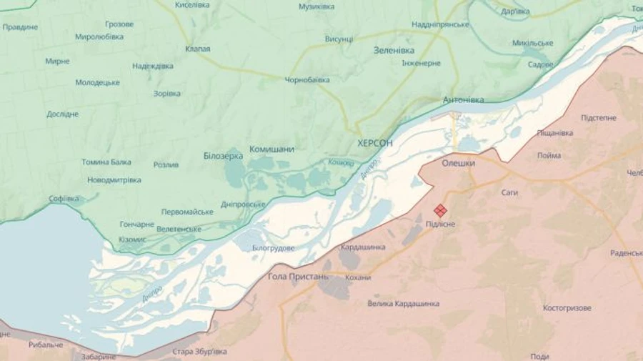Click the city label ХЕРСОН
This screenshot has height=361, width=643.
(x=374, y=143)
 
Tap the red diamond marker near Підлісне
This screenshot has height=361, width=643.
(x=441, y=210)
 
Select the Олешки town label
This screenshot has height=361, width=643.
(x=458, y=163)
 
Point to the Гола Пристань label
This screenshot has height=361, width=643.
(x=298, y=276)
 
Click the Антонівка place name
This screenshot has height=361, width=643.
(x=463, y=99)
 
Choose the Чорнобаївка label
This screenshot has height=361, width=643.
(x=307, y=80)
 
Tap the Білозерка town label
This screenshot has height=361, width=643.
(x=223, y=155)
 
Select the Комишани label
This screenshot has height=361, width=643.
(x=271, y=149)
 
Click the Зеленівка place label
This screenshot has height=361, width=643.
(x=394, y=50)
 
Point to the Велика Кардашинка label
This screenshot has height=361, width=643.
(x=404, y=304)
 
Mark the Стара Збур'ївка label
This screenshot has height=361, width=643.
(x=199, y=351)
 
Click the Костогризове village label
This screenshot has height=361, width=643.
(x=567, y=308)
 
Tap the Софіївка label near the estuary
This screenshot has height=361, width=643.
(x=64, y=198)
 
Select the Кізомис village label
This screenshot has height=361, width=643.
(x=132, y=239)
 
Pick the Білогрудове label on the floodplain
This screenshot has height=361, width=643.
(x=273, y=248)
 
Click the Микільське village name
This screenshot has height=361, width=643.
(x=532, y=43)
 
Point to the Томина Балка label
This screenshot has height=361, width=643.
(x=106, y=162)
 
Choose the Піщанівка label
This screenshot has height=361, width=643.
(x=554, y=133)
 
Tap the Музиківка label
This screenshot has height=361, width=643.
(x=316, y=6)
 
